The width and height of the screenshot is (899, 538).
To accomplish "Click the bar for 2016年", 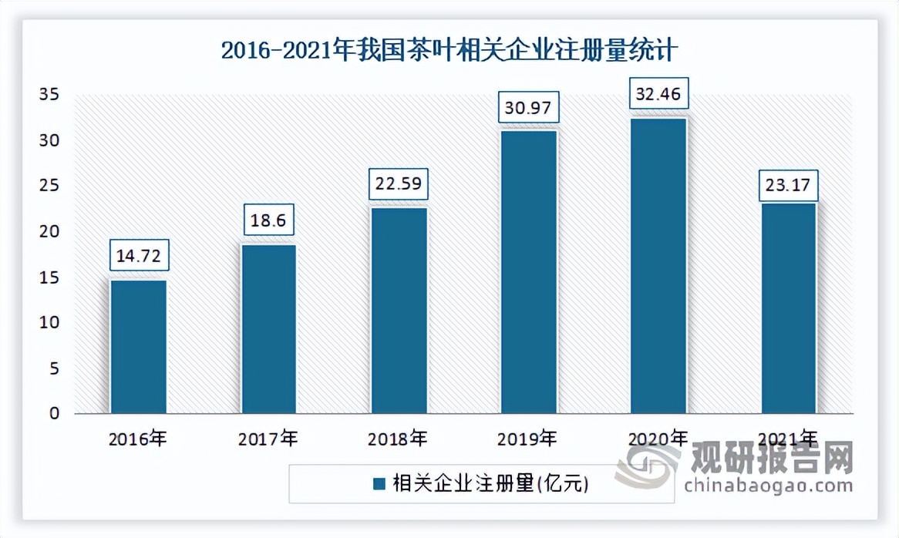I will pos(139,347).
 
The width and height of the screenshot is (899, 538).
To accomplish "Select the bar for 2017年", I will pos(269,329).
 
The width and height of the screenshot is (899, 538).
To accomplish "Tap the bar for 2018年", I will pos(399,311).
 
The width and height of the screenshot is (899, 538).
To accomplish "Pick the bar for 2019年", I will pos(529,272).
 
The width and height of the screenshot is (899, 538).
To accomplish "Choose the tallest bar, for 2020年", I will pos(658,266).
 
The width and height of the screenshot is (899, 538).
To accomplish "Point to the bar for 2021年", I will pos(789,308).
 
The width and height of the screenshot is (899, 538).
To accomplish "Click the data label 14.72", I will pos(140,256).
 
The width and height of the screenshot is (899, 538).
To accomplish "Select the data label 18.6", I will pos(269,220).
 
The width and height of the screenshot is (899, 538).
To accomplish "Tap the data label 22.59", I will pos(399,185).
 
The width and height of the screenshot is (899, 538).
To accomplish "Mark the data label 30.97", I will pos(528,108).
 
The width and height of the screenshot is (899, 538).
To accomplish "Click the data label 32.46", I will pos(658,95).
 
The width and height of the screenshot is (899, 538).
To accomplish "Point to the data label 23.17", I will pos(788,186).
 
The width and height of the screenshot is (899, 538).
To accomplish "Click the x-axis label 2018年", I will pos(399,440).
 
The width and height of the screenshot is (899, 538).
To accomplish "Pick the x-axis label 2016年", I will pos(139,440).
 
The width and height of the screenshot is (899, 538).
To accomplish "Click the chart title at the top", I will pos(449,52).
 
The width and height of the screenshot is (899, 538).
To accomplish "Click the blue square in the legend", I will pos(379,484).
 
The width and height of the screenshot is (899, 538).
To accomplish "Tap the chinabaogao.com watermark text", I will pos(768,486).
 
